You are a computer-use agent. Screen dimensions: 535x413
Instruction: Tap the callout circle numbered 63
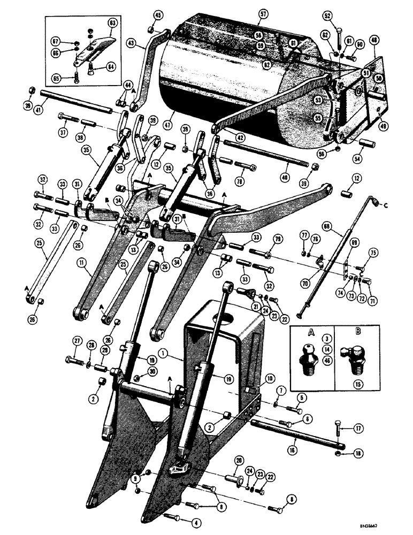click(112, 24)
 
